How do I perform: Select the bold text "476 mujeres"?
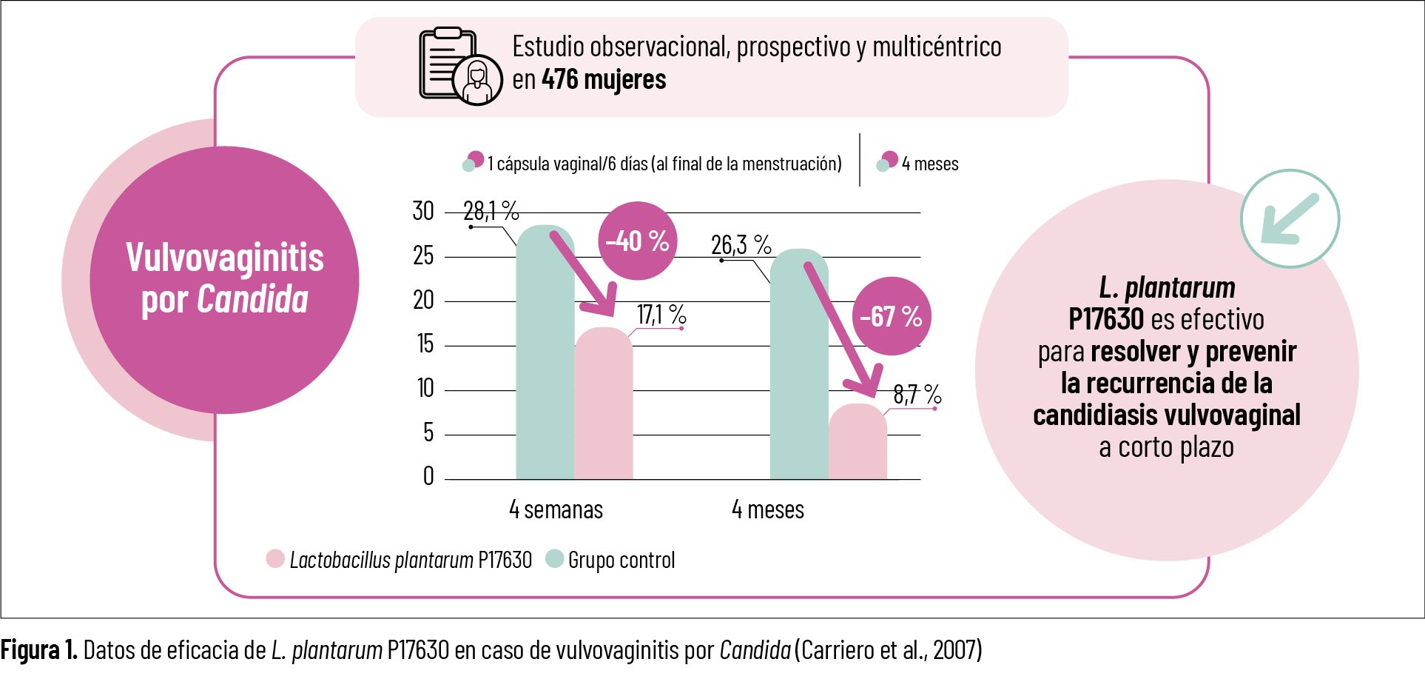604,80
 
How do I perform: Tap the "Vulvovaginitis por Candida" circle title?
224,278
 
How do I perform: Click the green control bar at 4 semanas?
545,355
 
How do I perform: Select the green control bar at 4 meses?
799,367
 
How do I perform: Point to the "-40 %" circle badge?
637,241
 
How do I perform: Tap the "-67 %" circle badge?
892,316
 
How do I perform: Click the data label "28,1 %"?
491,211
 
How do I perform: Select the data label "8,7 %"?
917,394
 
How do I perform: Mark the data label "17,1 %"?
661,315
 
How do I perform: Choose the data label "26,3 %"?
741,244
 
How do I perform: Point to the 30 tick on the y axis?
423,212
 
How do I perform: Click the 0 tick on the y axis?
428,476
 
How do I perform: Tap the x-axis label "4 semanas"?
556,509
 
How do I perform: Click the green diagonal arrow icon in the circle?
1290,219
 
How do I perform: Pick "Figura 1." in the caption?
38,650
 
